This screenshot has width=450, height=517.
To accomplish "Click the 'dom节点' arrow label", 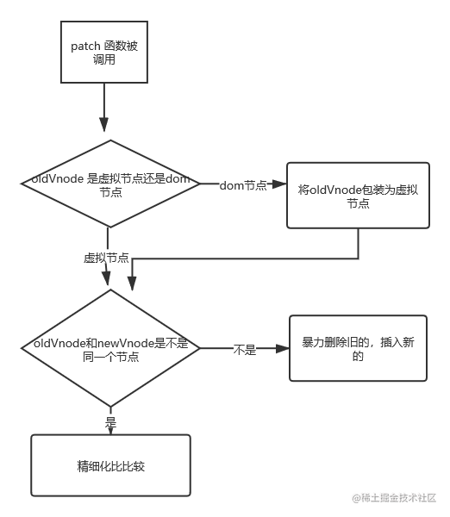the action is click(243, 185).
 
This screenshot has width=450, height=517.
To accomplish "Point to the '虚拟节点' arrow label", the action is click(106, 258).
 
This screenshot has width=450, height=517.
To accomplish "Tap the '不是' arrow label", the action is click(245, 350).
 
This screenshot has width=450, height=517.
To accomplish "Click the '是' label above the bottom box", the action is click(110, 422).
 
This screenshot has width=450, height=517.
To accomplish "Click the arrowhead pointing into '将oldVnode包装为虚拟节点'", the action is click(279, 184).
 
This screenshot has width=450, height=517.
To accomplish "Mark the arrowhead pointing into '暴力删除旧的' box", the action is click(282, 348).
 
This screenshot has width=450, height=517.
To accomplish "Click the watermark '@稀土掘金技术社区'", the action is click(394, 498).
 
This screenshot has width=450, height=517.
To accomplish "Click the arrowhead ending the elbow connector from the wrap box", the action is click(132, 283).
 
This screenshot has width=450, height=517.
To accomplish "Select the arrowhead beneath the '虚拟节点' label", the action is click(106, 277).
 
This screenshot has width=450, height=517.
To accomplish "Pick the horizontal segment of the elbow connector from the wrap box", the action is click(245, 258).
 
